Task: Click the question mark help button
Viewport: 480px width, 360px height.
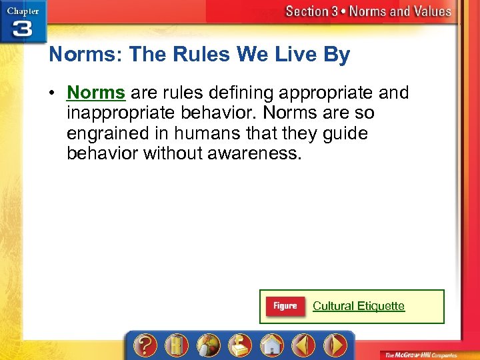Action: pos(145,345)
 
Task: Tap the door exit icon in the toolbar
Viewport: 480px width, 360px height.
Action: pos(177,345)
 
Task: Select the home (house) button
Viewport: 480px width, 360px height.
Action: pos(271,345)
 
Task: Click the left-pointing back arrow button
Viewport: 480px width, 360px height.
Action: pos(303,345)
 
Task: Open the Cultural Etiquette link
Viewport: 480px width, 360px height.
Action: pos(359,306)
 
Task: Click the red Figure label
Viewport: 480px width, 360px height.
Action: pos(285,306)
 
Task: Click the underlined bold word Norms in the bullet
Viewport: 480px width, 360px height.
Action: pos(96,92)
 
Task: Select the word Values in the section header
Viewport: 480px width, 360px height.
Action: pos(427,11)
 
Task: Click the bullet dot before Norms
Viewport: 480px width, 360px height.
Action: pos(53,93)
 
